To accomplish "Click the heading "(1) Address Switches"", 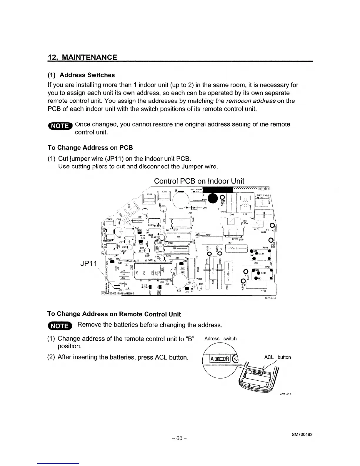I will pos(81,75).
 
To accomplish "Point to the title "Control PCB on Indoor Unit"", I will pos(199,181).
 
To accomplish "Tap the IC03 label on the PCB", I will pos(149,194).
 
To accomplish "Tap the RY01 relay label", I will pos(209,234).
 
